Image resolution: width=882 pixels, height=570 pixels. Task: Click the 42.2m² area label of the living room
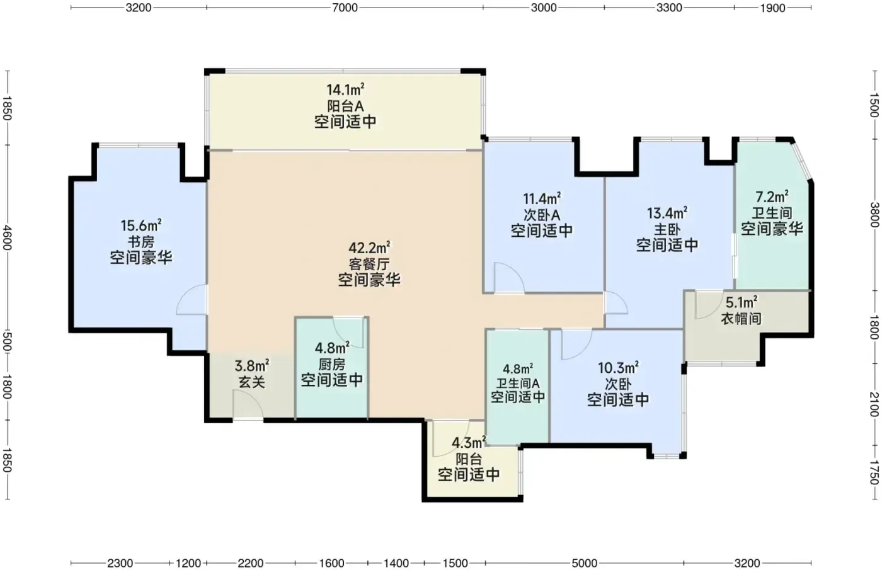click(x=369, y=248)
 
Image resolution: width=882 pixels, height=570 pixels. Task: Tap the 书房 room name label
click(x=141, y=242)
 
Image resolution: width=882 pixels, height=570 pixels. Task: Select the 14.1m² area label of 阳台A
click(x=345, y=89)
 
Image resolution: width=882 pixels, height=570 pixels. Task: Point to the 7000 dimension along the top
click(x=345, y=8)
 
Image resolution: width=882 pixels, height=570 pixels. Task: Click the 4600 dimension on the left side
click(x=7, y=237)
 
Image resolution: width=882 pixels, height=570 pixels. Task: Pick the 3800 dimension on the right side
click(x=874, y=215)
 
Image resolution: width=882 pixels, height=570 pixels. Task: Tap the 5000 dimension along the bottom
click(x=585, y=563)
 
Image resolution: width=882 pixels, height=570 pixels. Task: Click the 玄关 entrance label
click(x=252, y=382)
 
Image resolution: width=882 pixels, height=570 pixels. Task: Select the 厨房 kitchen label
click(x=332, y=365)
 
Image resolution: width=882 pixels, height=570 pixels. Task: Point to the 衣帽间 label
click(x=741, y=319)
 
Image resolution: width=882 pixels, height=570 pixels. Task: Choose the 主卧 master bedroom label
click(x=667, y=229)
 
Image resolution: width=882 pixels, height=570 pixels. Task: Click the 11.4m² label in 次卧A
click(x=542, y=199)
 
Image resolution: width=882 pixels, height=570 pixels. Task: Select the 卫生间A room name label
click(x=518, y=383)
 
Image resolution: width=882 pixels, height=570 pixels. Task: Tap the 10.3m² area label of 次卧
click(x=618, y=368)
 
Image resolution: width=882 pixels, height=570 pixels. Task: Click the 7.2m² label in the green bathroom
click(x=772, y=197)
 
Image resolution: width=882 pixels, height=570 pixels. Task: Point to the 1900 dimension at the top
click(x=772, y=8)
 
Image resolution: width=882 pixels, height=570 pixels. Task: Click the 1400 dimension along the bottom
click(x=396, y=563)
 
